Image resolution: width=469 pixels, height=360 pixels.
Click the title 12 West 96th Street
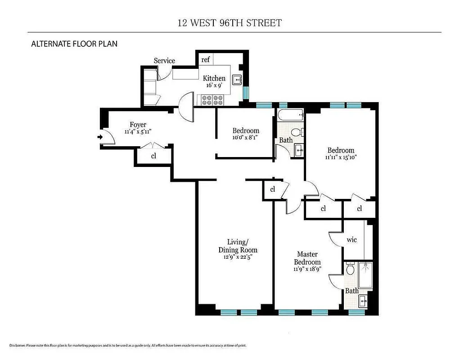click(230, 22)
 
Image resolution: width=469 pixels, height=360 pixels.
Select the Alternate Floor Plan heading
click(74, 44)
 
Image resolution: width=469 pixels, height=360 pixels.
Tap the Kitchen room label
click(214, 78)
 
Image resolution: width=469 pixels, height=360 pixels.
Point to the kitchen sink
click(237, 81)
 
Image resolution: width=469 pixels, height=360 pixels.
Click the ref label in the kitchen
click(205, 60)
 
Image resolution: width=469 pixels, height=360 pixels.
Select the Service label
click(164, 61)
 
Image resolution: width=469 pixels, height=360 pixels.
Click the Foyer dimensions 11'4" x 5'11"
click(138, 132)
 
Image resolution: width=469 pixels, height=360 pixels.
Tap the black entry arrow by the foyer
click(99, 138)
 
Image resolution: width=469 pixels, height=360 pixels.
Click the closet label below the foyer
click(153, 156)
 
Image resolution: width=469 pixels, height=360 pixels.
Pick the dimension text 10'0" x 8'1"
click(246, 138)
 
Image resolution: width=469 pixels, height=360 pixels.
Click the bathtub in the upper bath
click(290, 116)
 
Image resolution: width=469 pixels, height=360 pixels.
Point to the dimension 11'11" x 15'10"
click(341, 157)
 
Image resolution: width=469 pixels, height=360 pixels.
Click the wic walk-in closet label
click(352, 239)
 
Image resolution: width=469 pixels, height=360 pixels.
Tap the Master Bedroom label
click(307, 258)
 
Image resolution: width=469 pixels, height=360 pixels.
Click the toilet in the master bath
click(351, 270)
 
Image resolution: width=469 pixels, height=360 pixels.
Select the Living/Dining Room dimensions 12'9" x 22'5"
click(238, 257)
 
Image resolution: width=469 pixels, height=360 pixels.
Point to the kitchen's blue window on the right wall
click(245, 92)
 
